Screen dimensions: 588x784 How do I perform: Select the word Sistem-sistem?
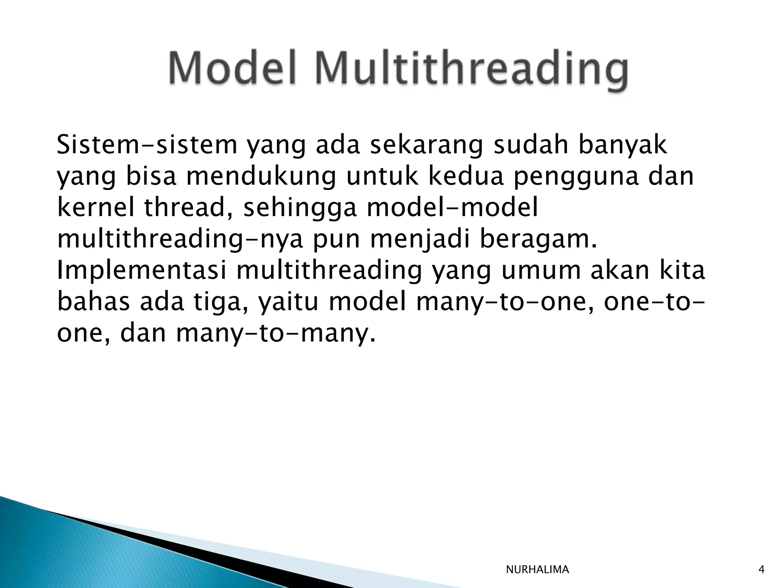[147, 145]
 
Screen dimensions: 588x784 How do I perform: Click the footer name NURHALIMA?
[537, 570]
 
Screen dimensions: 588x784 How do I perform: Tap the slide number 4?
[761, 570]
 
